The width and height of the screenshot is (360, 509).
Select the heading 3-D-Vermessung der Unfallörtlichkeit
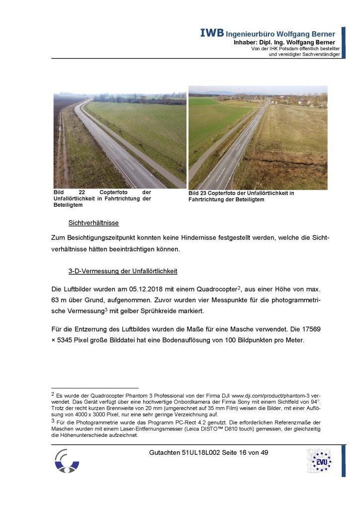click(x=123, y=272)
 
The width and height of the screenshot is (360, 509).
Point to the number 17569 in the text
click(x=318, y=329)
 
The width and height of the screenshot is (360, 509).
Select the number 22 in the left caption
click(x=83, y=192)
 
